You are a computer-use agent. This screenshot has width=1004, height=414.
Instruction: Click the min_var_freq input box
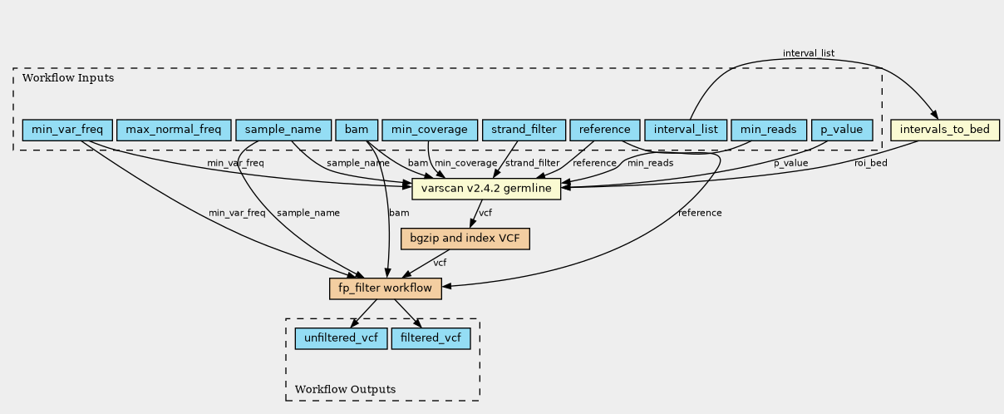point(67,130)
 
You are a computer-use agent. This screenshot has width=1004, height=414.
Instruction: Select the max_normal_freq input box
point(174,130)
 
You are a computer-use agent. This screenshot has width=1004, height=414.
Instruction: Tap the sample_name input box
point(283,130)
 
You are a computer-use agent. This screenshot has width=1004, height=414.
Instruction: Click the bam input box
point(357,130)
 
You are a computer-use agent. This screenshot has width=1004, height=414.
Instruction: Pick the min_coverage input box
point(430,130)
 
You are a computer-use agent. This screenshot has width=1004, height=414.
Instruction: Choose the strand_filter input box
point(524,130)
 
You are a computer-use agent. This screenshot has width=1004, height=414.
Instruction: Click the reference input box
point(604,130)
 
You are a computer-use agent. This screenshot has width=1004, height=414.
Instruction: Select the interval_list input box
point(686,130)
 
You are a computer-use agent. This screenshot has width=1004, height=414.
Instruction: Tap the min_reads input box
point(769,130)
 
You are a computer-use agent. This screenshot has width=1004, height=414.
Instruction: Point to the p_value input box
point(842,130)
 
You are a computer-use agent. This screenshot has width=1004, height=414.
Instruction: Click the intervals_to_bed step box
point(945,130)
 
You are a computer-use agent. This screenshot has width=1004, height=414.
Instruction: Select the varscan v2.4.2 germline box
point(486,189)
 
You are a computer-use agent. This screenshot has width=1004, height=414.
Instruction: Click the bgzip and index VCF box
point(465,239)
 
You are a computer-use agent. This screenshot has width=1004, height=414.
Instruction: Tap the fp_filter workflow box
point(386,288)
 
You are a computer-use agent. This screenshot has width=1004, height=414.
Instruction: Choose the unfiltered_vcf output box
point(341,338)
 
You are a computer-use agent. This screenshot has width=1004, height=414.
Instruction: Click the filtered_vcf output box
point(431,338)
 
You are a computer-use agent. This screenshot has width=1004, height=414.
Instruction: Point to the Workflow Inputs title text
point(68,78)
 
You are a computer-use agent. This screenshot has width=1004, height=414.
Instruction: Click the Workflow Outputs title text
point(345,389)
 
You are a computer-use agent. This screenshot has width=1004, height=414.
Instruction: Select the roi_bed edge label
point(871,163)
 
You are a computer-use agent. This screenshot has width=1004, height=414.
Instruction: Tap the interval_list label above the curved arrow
point(809,53)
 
